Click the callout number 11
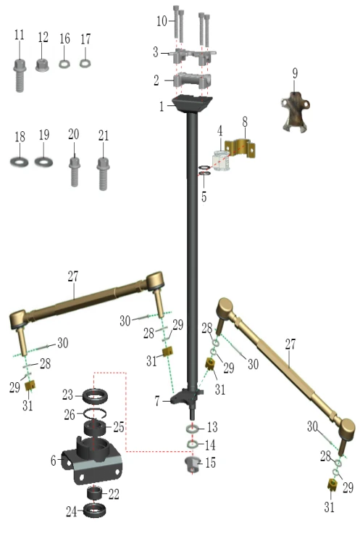20,35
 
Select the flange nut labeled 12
42,65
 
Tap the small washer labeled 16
64,64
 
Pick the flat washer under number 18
19,162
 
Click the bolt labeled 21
103,173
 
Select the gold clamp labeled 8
240,148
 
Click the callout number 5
204,197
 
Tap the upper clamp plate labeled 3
192,56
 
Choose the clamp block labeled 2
192,81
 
